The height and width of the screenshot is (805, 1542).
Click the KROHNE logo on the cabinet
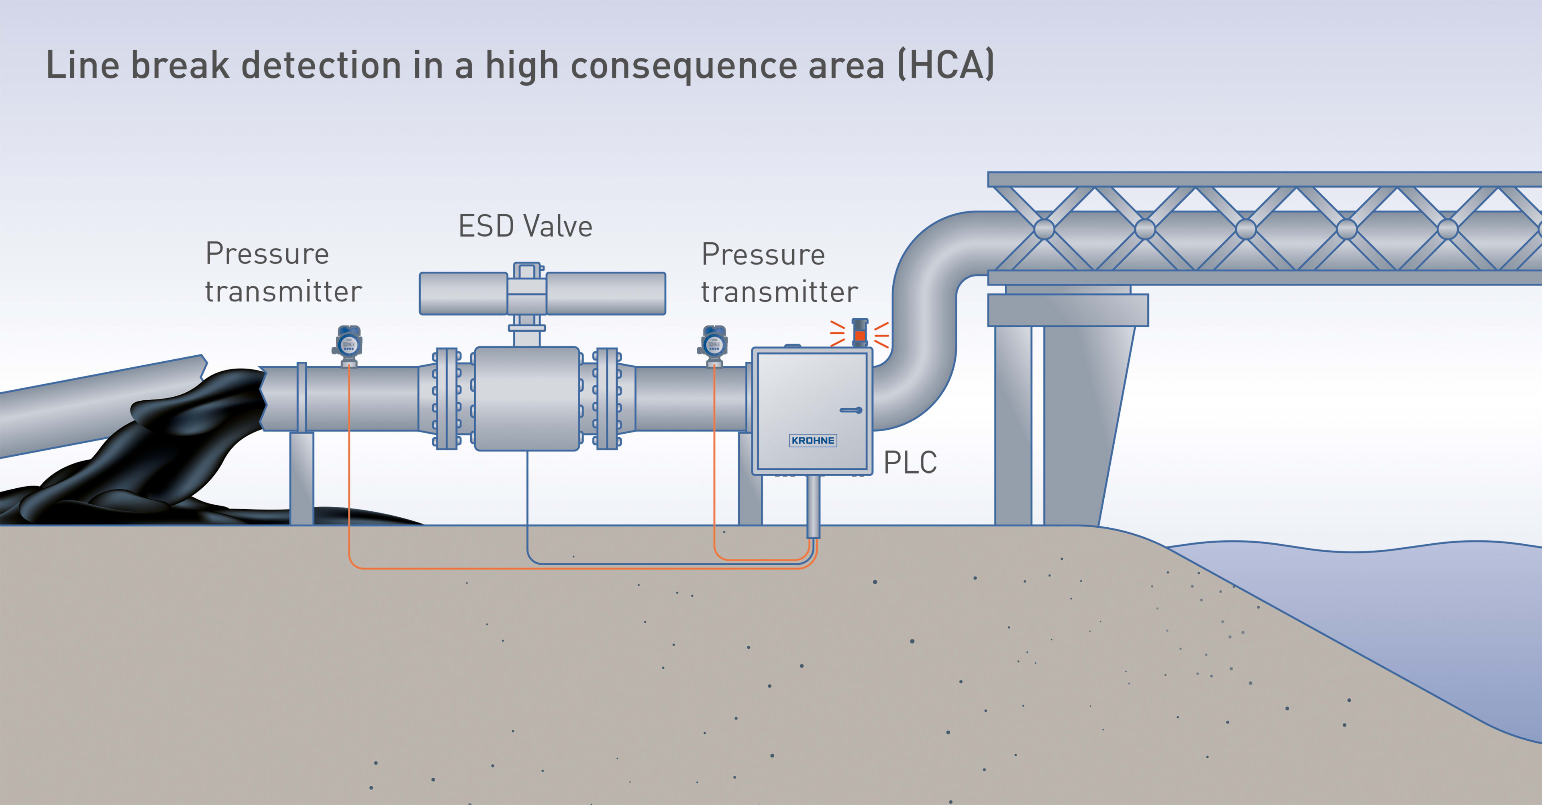[812, 440]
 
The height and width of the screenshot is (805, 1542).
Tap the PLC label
[910, 463]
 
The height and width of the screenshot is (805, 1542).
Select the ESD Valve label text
[525, 226]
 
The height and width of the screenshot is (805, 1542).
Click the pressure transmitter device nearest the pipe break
[349, 345]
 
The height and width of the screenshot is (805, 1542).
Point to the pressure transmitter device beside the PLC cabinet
[714, 345]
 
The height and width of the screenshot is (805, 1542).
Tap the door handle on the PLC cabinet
[851, 410]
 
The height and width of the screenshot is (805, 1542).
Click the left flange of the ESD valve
[447, 398]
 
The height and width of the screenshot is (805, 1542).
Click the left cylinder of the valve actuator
[463, 293]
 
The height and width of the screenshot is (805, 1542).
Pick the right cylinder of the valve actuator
[605, 293]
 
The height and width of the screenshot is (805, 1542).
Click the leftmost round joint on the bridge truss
[1044, 229]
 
